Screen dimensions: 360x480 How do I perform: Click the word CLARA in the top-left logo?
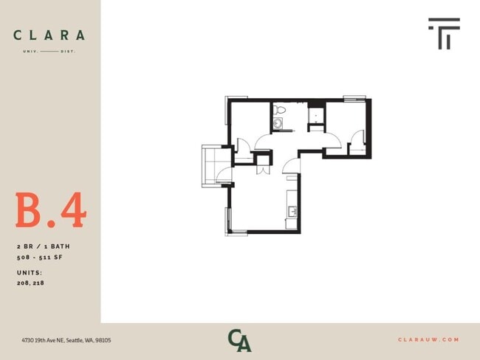[49, 35]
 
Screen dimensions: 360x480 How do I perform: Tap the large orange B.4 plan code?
[50, 211]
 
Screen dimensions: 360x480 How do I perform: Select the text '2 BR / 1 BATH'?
[43, 246]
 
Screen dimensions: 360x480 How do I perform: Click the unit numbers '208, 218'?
[30, 283]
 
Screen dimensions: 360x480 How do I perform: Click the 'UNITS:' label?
[30, 272]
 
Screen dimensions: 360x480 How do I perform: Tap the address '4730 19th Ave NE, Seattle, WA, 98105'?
[66, 340]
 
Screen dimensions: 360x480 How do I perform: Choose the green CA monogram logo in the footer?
[239, 340]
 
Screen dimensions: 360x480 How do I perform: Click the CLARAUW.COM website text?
[428, 340]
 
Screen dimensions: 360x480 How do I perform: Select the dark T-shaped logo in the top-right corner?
[444, 33]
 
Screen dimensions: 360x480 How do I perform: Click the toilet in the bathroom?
[278, 111]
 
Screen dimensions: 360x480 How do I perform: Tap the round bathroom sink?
[278, 123]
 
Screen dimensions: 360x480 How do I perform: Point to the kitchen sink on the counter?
[292, 212]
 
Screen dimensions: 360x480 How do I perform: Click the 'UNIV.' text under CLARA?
[30, 51]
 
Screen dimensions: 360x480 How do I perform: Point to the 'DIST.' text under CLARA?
[69, 51]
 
